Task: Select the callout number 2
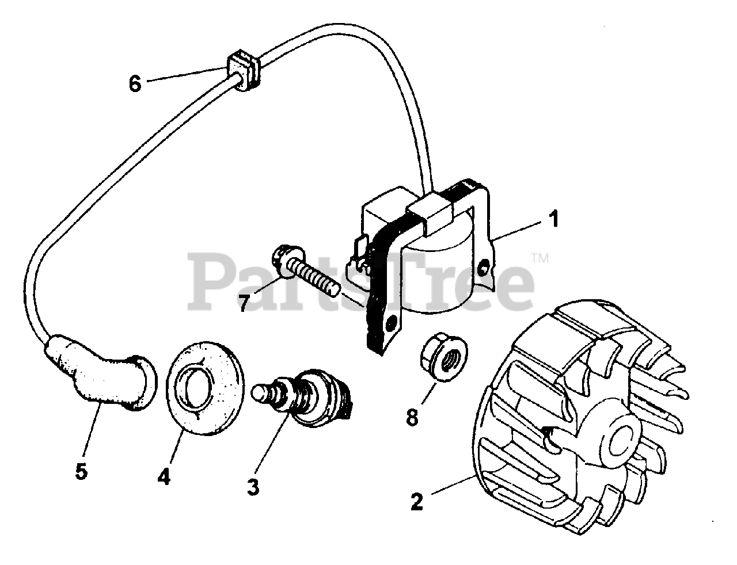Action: (417, 501)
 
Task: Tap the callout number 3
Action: (253, 487)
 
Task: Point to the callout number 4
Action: (164, 476)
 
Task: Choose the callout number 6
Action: (134, 83)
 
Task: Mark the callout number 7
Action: (244, 302)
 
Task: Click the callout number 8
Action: (412, 417)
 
